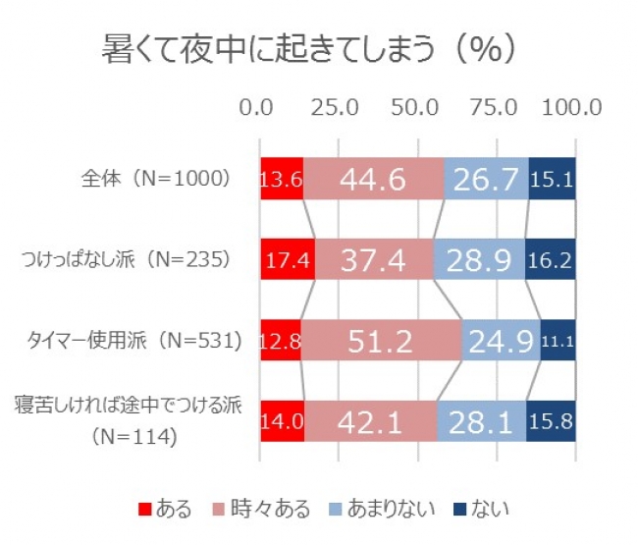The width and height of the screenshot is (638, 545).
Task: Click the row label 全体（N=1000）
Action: click(156, 179)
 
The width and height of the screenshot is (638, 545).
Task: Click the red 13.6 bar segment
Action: click(281, 179)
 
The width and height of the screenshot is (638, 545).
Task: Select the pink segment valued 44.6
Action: click(373, 179)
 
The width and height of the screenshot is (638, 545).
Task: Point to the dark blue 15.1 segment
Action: click(552, 179)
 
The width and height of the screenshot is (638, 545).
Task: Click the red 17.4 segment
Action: click(287, 259)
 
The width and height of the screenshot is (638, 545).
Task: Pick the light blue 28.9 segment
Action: click(478, 259)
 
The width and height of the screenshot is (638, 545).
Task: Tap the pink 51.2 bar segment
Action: click(381, 341)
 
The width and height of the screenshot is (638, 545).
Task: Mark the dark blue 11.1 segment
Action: click(558, 341)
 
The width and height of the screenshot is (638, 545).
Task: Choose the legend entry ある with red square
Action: click(166, 509)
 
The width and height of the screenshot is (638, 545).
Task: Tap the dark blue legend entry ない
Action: click(481, 509)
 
